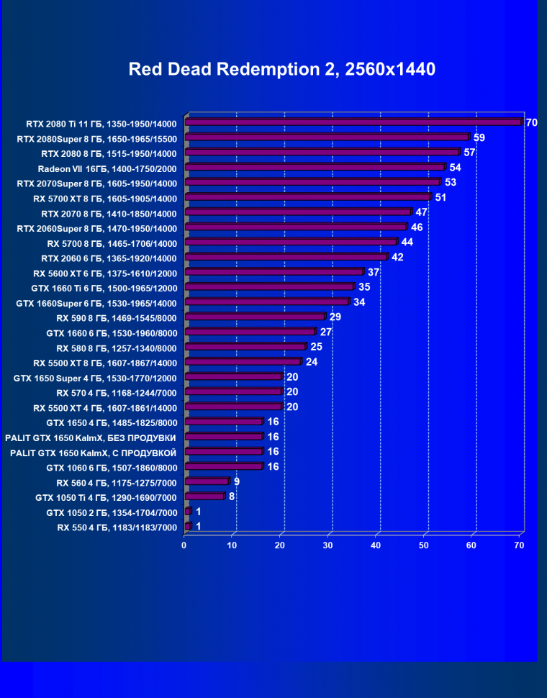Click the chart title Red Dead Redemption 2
coord(281,69)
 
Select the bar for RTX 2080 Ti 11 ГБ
coord(353,123)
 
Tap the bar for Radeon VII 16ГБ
coord(315,168)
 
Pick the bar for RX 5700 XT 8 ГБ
coord(307,197)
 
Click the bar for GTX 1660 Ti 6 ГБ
coord(269,287)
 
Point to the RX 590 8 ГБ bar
coord(255,317)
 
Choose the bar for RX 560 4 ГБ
coord(207,481)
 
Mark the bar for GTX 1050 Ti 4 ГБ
coord(204,497)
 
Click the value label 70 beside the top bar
coord(531,123)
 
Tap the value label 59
coord(479,137)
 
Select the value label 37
coord(374,272)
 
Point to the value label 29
coord(335,317)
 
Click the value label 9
coord(237,481)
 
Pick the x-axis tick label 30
coord(328,545)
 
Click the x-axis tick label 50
coord(424,545)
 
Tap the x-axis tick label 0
coord(184,545)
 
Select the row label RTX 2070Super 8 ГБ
coord(97,183)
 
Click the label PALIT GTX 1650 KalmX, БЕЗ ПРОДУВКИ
coord(91,437)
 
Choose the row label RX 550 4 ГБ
coord(117,527)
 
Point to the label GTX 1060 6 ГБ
coord(112,467)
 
